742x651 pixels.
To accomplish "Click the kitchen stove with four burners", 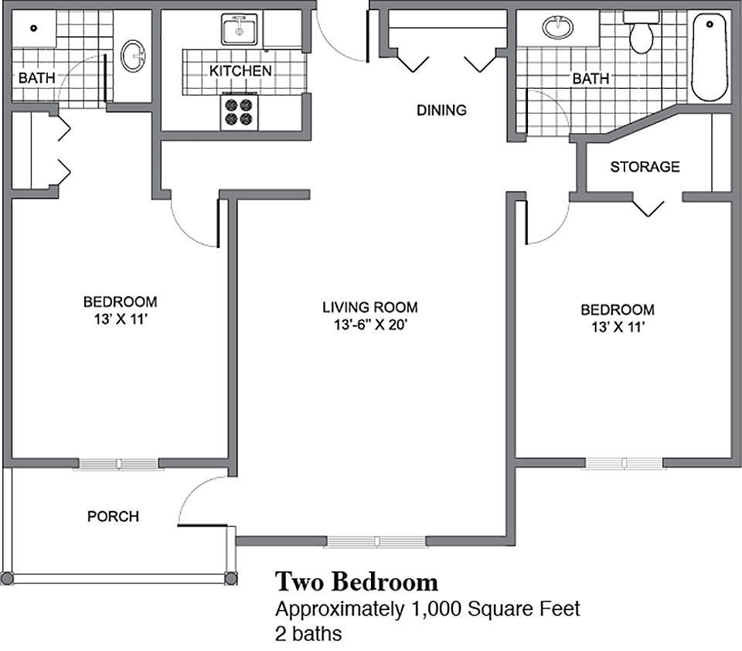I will (x=239, y=111).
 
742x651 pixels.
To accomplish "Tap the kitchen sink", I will (x=240, y=30).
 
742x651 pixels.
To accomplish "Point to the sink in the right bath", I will (x=557, y=28).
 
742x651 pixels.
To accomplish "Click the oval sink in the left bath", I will (x=134, y=56).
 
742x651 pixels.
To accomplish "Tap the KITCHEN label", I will (x=240, y=71).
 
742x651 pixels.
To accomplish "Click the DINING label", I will (x=441, y=110).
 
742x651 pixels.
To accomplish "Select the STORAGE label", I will (x=645, y=166).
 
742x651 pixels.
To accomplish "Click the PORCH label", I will (x=113, y=516).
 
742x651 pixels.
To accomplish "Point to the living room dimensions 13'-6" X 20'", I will (x=369, y=325).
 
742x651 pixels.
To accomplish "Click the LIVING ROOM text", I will (x=369, y=308).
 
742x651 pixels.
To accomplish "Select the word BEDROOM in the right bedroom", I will (x=617, y=310).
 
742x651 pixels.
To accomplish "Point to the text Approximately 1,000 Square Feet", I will (x=427, y=608).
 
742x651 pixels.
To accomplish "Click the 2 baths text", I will (x=308, y=633).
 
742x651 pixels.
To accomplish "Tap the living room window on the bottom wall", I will (x=376, y=541).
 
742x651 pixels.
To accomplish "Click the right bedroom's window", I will (x=625, y=463).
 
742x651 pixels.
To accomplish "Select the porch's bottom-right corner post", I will (x=230, y=578).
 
